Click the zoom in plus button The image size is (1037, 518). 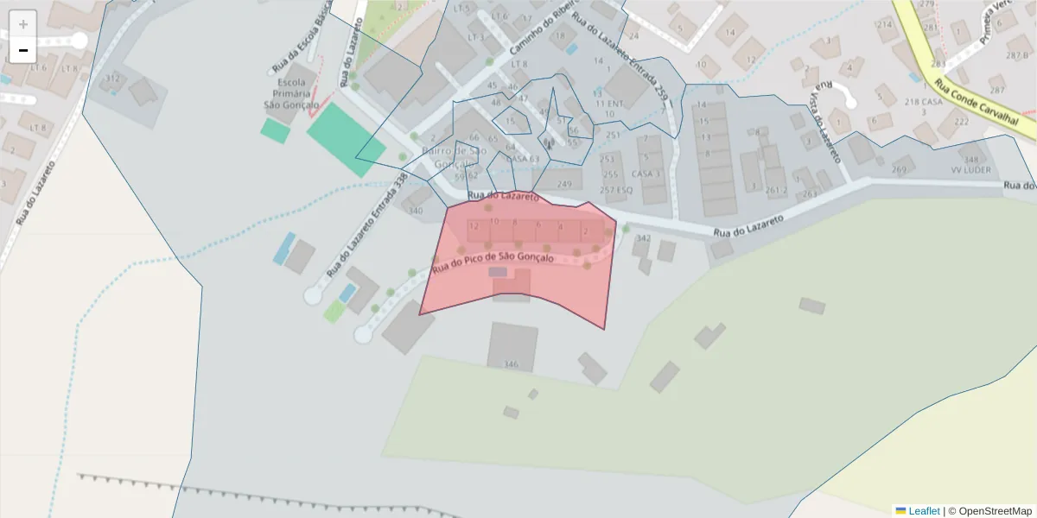tap(23, 24)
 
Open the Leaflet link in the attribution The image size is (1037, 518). tap(923, 511)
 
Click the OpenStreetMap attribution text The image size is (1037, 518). tap(995, 511)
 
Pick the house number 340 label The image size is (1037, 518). tap(416, 211)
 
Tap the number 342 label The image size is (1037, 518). tap(643, 238)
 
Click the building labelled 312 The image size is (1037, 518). tap(112, 79)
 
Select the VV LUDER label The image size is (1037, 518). tap(971, 170)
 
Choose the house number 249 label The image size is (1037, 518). tap(564, 184)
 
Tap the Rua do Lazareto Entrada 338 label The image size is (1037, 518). tap(366, 225)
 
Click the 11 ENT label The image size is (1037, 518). tap(609, 104)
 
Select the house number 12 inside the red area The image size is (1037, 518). tap(474, 226)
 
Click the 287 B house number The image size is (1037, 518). tap(1017, 55)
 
